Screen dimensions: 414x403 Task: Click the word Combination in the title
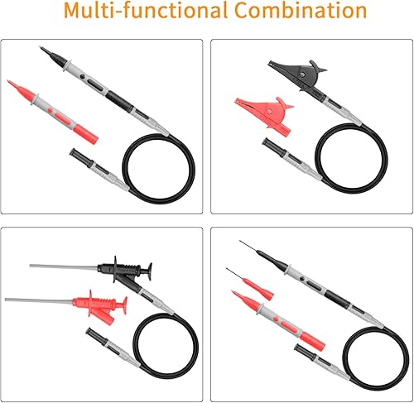coord(301,11)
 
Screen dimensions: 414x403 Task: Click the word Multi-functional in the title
coord(146,11)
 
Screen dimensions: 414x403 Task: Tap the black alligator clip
coord(298,75)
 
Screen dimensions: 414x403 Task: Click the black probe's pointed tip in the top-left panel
coord(40,47)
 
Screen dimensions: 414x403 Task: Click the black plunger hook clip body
coord(125,270)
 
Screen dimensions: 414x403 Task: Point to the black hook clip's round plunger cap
coord(150,271)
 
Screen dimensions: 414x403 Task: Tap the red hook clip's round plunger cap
coord(125,305)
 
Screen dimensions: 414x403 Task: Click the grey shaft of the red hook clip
coord(39,300)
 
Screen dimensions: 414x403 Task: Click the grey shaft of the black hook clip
coord(64,266)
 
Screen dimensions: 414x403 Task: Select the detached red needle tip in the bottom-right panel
coord(250,284)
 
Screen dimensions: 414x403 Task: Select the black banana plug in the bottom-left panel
coord(97,337)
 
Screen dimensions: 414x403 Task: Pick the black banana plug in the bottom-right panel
coord(306,353)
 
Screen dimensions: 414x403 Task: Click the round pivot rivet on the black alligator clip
coord(303,74)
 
